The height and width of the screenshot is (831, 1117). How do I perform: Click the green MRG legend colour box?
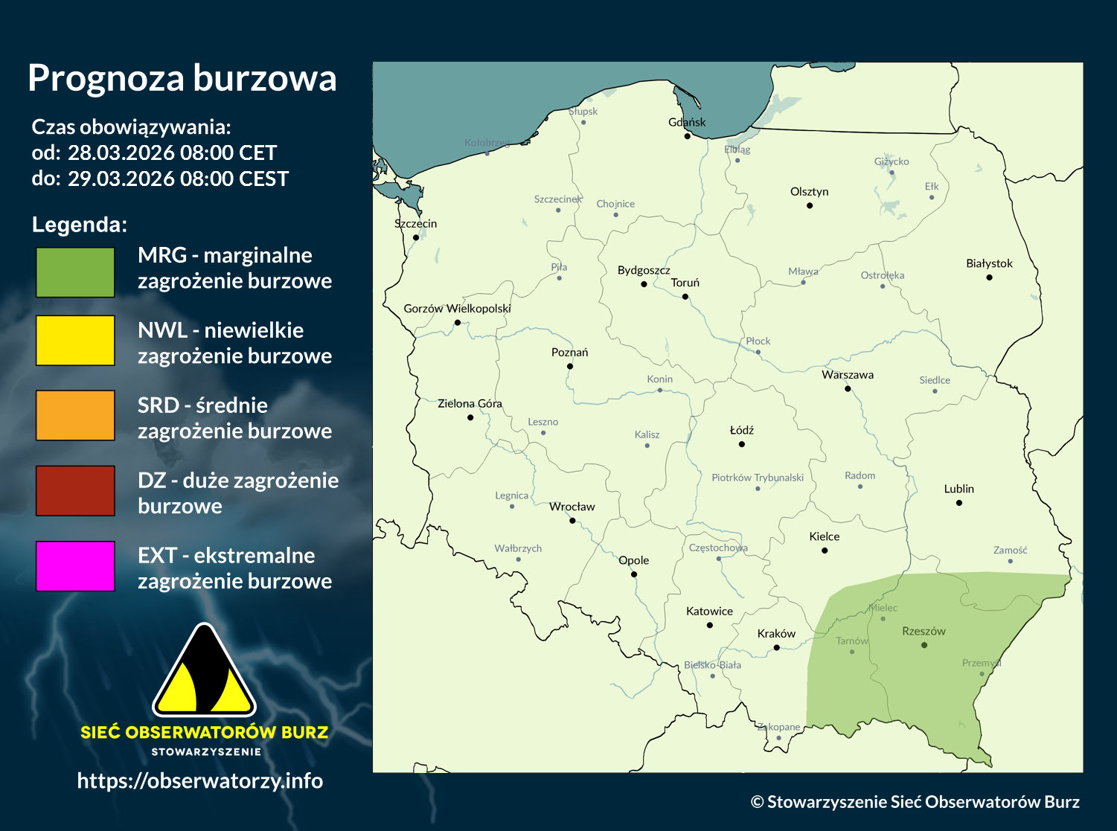click(75, 272)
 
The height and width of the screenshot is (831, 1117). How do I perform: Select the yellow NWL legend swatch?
click(75, 341)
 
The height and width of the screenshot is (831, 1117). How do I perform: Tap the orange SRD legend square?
click(75, 416)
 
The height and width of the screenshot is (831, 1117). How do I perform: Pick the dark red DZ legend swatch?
click(75, 491)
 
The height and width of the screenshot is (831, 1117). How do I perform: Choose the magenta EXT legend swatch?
click(75, 566)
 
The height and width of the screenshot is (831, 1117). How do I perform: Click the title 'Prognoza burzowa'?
click(182, 78)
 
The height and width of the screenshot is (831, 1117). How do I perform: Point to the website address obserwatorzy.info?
click(200, 780)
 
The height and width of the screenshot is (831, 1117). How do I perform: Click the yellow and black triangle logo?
click(204, 671)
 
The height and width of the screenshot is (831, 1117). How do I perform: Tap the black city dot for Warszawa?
click(848, 388)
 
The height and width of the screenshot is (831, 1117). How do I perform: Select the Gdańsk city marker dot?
click(688, 136)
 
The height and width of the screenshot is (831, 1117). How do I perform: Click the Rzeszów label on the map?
click(924, 631)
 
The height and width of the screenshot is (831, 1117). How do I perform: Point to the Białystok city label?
click(989, 263)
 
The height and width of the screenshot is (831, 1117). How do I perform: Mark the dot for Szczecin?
click(416, 237)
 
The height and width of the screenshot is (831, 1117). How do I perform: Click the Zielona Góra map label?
click(470, 403)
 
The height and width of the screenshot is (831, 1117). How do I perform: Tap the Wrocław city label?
click(572, 507)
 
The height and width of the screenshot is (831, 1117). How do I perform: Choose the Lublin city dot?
click(959, 503)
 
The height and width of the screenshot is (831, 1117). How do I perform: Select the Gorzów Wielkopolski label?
click(457, 308)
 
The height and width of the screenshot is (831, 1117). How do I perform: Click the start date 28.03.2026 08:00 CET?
click(172, 153)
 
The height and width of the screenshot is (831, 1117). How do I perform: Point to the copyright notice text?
click(915, 802)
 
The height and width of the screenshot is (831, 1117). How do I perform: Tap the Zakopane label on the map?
click(778, 727)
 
